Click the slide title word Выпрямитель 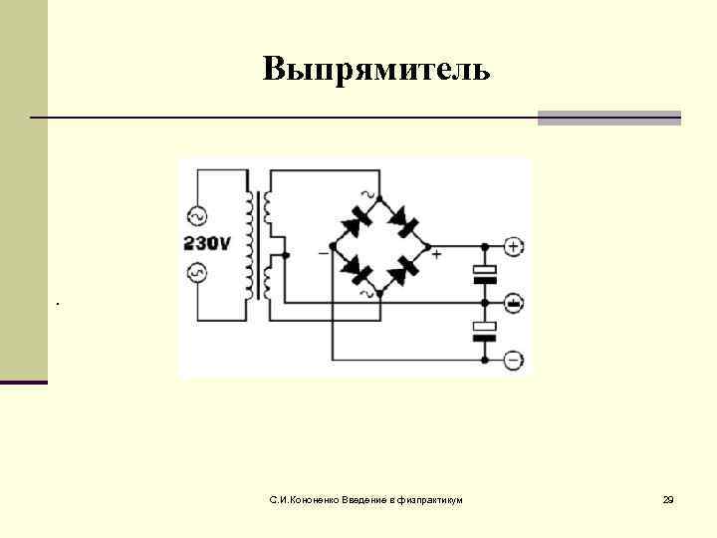point(376,69)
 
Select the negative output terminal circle point(513,360)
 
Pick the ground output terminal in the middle point(513,302)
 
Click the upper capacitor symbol point(484,273)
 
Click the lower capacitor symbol point(484,331)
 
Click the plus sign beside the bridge point(436,254)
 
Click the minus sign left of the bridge point(323,253)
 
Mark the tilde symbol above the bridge point(370,193)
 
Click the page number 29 point(668,498)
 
